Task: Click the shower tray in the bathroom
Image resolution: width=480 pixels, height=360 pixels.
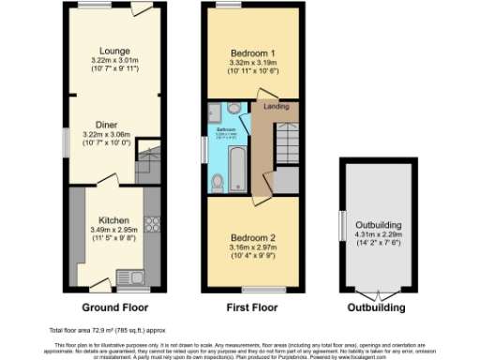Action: point(215,112)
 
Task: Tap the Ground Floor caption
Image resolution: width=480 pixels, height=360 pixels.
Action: point(114,307)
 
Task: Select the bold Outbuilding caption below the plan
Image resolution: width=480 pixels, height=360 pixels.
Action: point(377,307)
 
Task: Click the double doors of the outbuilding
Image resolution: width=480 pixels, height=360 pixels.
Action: point(378,292)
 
